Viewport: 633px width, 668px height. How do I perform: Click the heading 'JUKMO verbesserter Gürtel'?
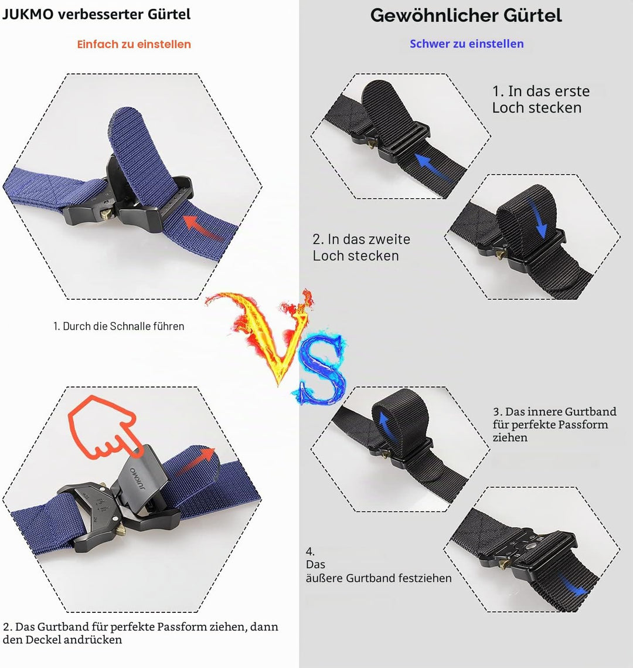[x=97, y=15]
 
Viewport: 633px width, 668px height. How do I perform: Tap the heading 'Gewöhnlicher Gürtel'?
[x=466, y=16]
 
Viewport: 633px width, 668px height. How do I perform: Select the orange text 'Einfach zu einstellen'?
[x=134, y=45]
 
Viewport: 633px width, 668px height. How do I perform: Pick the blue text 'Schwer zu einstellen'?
[x=467, y=44]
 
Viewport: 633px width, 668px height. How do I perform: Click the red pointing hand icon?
[x=104, y=428]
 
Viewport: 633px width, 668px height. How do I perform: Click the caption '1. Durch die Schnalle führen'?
[x=119, y=326]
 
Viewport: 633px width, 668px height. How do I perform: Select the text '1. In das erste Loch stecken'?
[x=540, y=99]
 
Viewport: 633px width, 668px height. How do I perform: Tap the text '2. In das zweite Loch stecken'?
[x=362, y=247]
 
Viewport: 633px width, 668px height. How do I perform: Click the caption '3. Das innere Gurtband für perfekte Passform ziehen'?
[x=554, y=424]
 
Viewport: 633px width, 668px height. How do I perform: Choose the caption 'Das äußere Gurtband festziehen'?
[x=379, y=571]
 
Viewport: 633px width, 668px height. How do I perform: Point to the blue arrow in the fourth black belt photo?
[x=573, y=585]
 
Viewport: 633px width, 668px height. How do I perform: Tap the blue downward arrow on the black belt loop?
[x=537, y=217]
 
